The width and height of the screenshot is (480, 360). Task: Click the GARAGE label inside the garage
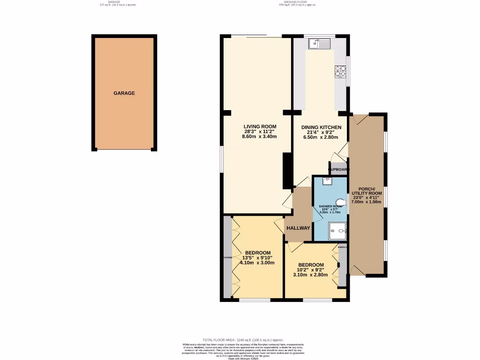(124, 93)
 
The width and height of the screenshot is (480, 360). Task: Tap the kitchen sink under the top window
(320, 44)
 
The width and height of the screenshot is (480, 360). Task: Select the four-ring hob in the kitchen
(340, 72)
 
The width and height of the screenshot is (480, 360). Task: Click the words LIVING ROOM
(260, 127)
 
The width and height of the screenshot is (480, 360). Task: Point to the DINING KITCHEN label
(321, 127)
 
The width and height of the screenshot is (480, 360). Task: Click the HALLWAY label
(299, 228)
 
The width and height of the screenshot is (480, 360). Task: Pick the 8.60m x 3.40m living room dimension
(260, 137)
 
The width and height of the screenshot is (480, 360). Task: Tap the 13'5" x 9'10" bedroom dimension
(258, 257)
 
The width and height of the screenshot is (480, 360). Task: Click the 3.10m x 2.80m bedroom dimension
(310, 275)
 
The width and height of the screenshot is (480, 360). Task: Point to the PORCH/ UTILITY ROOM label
(367, 191)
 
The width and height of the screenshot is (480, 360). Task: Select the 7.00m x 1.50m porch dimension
(367, 202)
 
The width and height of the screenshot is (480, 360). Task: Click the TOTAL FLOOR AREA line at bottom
(243, 340)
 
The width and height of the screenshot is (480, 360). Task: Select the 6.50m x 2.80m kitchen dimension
(321, 137)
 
